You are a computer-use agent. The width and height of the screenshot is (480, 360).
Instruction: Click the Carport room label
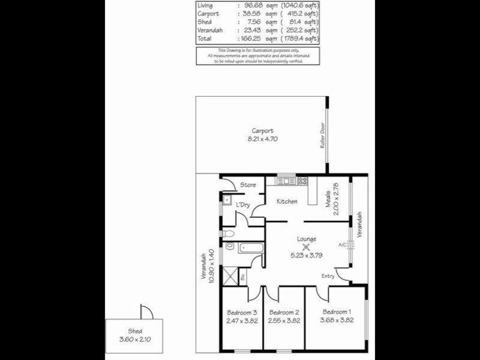click(x=263, y=131)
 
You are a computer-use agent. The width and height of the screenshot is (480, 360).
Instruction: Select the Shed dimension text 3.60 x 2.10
click(x=134, y=339)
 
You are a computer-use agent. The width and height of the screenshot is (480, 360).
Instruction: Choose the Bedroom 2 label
click(x=284, y=312)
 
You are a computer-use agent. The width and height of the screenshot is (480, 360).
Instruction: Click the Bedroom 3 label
click(x=242, y=312)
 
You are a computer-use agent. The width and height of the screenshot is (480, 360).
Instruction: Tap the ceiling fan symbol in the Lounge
click(x=306, y=245)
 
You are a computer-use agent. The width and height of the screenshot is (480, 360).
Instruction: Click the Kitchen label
click(x=287, y=202)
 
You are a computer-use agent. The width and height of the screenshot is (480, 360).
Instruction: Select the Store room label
click(x=248, y=185)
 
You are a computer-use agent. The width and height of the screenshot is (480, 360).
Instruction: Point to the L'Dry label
click(x=243, y=205)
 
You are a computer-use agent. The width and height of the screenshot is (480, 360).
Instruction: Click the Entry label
click(x=328, y=276)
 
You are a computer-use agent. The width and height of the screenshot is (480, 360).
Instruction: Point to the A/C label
click(x=342, y=245)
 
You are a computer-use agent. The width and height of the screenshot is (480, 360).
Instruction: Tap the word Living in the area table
click(x=205, y=5)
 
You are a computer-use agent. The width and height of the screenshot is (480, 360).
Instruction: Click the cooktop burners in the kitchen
click(x=302, y=180)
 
